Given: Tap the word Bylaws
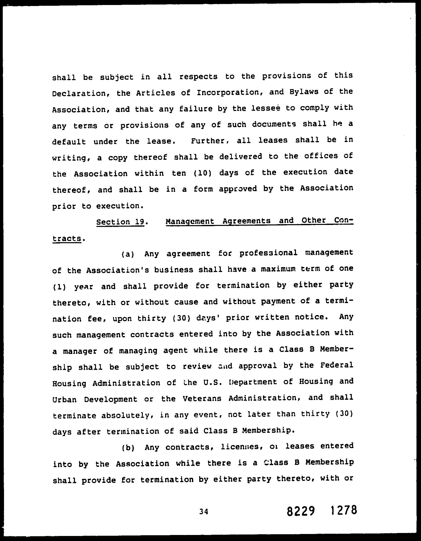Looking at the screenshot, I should tap(301, 92).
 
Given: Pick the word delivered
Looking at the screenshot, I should tap(241, 157).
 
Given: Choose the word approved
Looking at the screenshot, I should tap(238, 189).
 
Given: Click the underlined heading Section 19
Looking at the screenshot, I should tap(120, 222).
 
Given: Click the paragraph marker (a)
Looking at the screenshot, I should tap(128, 254).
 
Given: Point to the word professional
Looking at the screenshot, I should tap(268, 253).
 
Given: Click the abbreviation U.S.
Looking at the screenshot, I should tap(213, 382).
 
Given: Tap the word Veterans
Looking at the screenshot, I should tap(202, 398).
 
